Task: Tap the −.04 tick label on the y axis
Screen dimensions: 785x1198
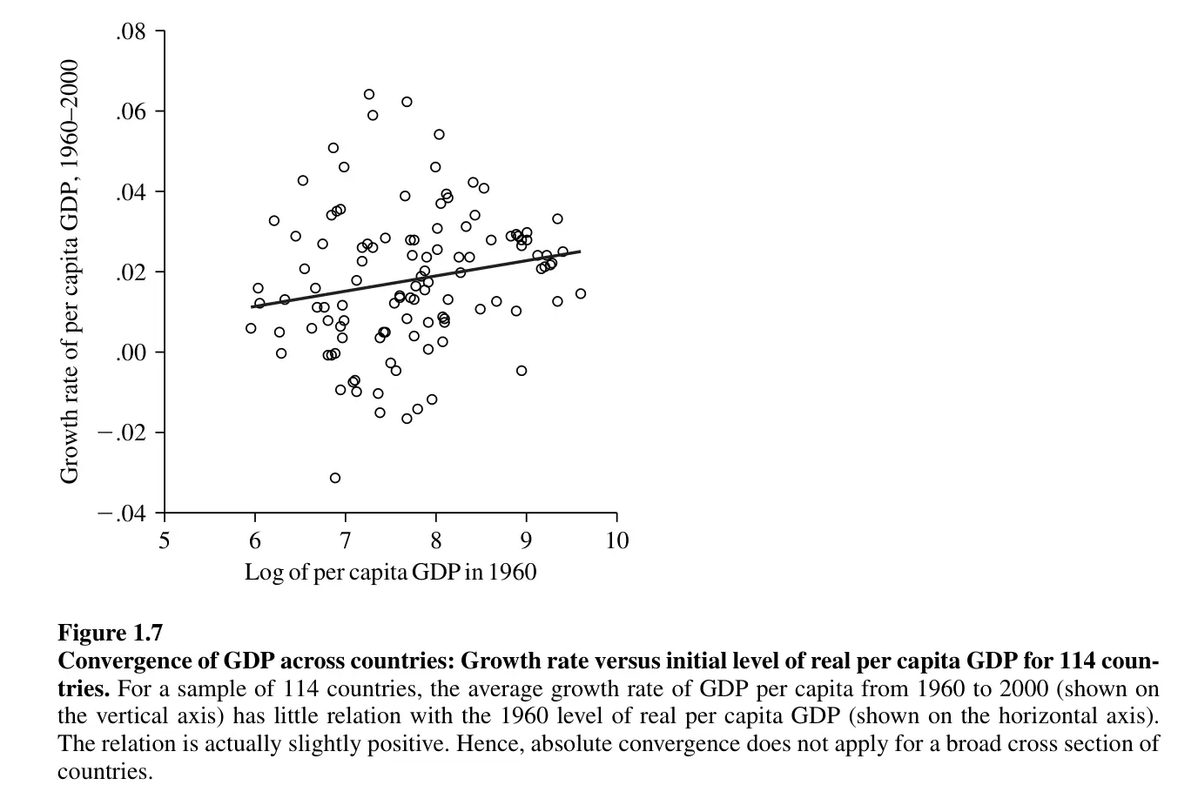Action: (x=122, y=513)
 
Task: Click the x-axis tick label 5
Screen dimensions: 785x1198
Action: (x=164, y=541)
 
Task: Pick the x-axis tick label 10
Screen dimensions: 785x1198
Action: (x=616, y=541)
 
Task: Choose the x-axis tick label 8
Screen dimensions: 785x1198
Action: (x=435, y=541)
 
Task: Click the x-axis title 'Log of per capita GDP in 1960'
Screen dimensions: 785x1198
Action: (x=390, y=572)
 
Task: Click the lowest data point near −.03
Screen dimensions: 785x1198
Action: (x=335, y=478)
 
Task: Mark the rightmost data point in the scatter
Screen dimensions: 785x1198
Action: (x=581, y=294)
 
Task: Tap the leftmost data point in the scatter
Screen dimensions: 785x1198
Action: (x=251, y=328)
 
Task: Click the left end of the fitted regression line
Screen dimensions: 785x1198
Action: (x=252, y=306)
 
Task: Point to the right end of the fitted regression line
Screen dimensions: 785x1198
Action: (x=580, y=252)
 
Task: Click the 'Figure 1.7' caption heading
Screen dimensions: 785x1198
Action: (x=110, y=632)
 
